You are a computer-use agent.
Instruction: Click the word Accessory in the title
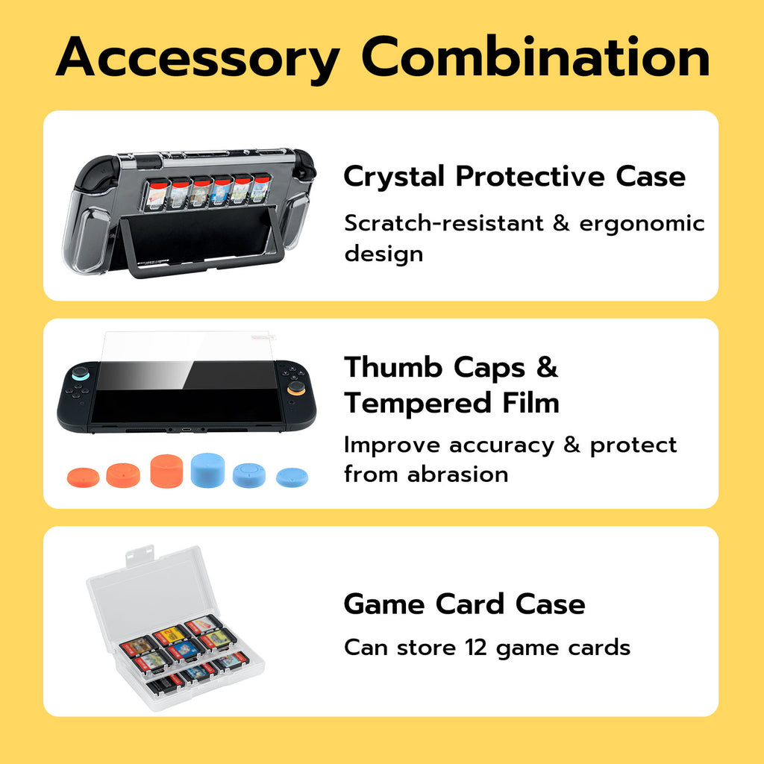pyautogui.click(x=197, y=58)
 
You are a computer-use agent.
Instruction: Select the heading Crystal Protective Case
pyautogui.click(x=515, y=176)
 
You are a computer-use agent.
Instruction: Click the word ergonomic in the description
pyautogui.click(x=642, y=225)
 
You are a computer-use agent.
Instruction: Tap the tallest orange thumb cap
pyautogui.click(x=166, y=471)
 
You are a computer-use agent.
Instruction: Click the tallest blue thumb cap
pyautogui.click(x=207, y=470)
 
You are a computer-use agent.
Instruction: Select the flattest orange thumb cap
pyautogui.click(x=84, y=477)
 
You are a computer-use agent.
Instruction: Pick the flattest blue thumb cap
pyautogui.click(x=292, y=477)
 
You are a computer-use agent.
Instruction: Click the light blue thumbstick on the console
pyautogui.click(x=80, y=373)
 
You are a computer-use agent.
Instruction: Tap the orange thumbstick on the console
pyautogui.click(x=295, y=389)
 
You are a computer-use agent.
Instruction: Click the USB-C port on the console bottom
pyautogui.click(x=187, y=430)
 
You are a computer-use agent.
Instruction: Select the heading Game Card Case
pyautogui.click(x=464, y=604)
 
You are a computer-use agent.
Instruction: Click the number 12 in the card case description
pyautogui.click(x=475, y=648)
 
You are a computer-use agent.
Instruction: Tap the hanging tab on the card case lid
pyautogui.click(x=140, y=555)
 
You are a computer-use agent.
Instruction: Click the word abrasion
pyautogui.click(x=457, y=475)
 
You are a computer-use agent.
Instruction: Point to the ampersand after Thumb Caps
pyautogui.click(x=547, y=367)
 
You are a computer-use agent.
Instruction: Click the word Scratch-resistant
pyautogui.click(x=443, y=224)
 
